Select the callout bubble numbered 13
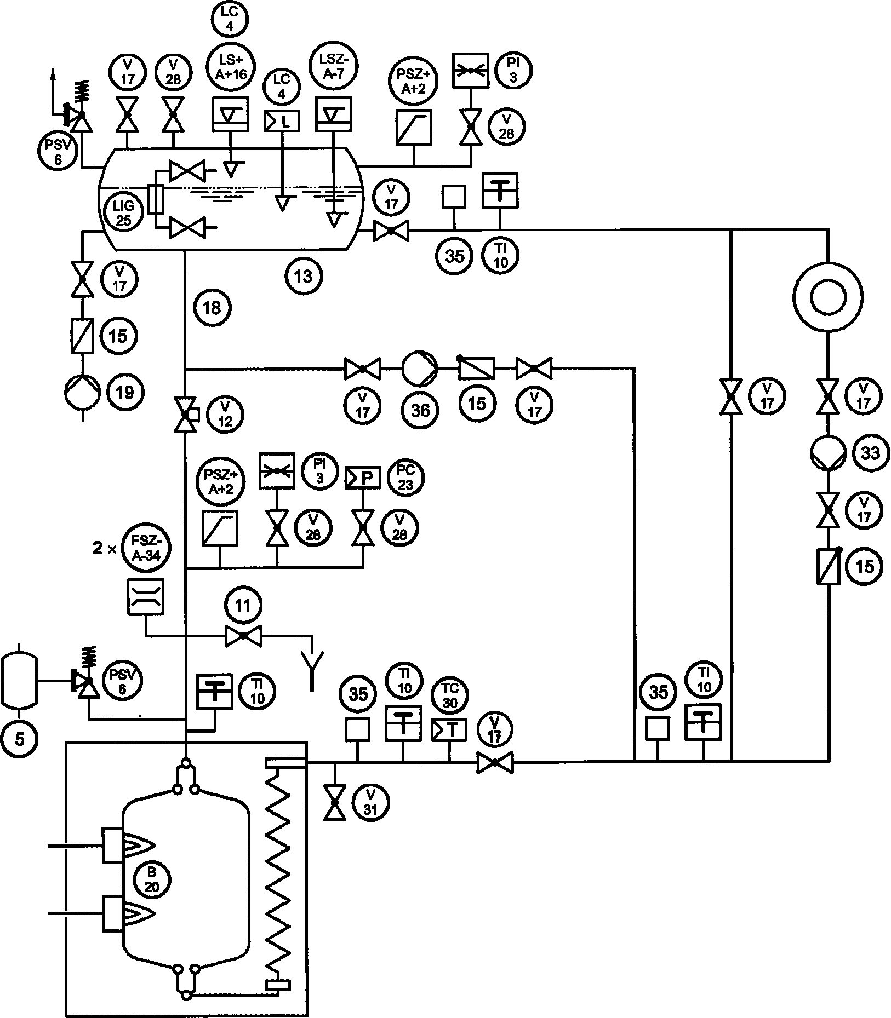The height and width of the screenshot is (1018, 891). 303,276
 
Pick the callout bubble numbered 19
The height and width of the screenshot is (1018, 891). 125,392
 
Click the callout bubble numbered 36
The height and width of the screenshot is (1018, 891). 421,410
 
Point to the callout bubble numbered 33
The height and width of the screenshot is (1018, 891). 871,453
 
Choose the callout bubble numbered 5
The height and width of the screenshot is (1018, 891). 19,739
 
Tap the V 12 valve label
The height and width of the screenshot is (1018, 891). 225,413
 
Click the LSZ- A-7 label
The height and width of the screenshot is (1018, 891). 334,66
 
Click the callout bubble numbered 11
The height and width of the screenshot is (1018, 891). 242,605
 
